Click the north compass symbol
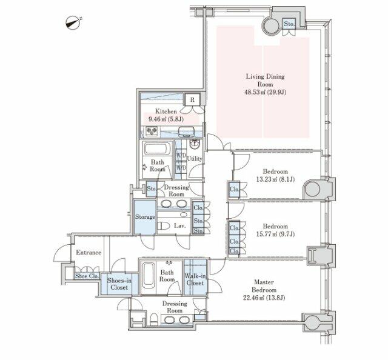73,23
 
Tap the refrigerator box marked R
192,100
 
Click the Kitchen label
166,112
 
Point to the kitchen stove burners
152,130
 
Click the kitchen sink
186,131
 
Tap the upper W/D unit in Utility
181,156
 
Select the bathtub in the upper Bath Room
156,148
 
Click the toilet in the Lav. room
164,225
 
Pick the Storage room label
145,217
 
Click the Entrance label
89,252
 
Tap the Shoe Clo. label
87,276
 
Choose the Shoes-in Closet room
119,284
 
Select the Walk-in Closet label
195,279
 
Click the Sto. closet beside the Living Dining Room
289,24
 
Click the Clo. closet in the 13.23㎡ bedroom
234,190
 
